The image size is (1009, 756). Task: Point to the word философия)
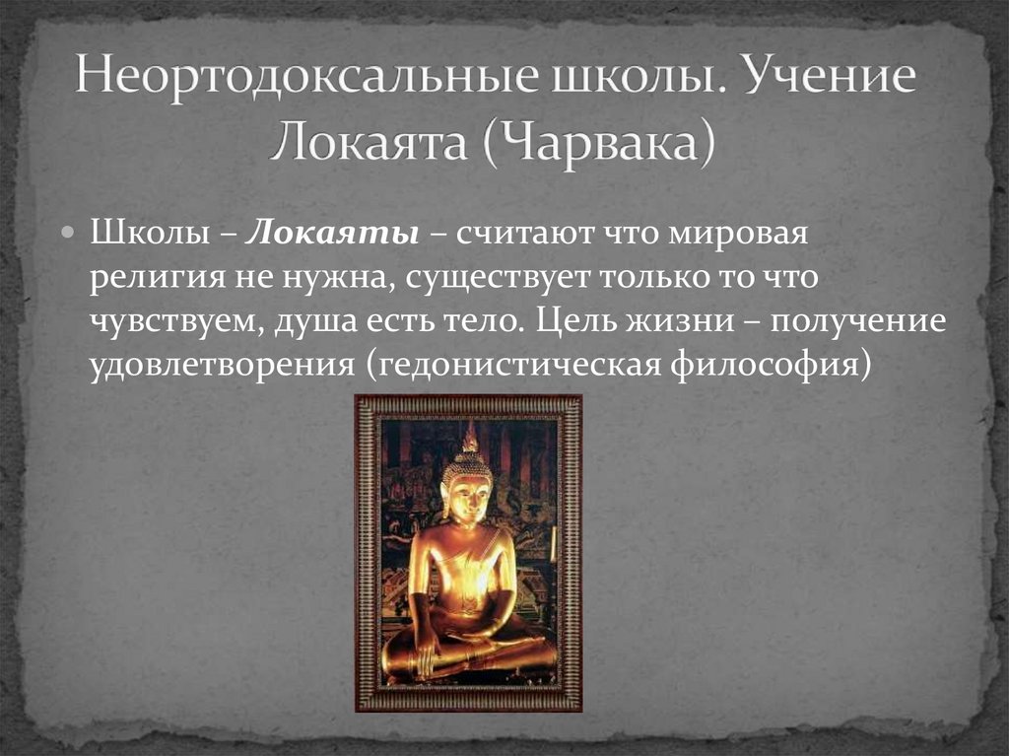pos(772,366)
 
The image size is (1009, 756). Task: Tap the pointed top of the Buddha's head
pos(470,434)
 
